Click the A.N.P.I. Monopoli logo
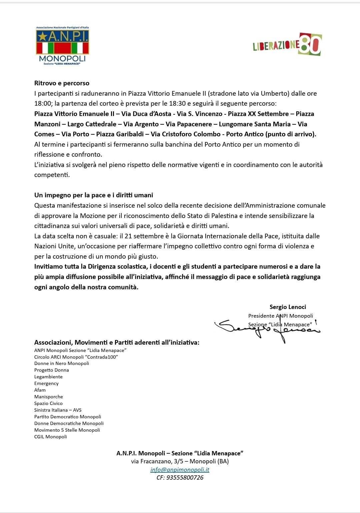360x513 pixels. point(62,46)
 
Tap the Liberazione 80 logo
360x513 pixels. point(287,44)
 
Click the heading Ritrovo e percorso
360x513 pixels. point(62,83)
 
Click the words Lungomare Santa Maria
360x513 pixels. point(255,124)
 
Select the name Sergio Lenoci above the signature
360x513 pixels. point(288,307)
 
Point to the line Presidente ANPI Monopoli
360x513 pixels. point(281,316)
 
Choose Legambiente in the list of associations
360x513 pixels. point(48,377)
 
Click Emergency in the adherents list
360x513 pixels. point(46,383)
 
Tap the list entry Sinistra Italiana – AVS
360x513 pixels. point(58,410)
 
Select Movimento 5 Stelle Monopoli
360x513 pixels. point(67,430)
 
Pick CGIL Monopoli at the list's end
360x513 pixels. point(50,437)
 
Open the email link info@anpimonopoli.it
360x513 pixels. point(180,470)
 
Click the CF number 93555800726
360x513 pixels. point(180,478)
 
